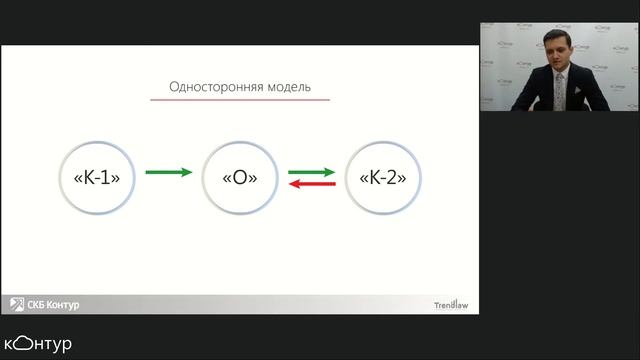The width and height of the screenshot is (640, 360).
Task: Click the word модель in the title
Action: click(287, 87)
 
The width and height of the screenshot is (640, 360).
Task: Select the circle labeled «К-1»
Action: click(97, 177)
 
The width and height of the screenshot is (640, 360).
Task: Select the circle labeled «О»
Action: click(239, 177)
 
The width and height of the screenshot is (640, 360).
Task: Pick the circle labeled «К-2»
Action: click(381, 177)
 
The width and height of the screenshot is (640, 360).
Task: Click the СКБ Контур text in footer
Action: click(54, 304)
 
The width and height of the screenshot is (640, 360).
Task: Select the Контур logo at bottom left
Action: click(38, 344)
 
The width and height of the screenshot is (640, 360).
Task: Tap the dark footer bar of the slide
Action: click(240, 304)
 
